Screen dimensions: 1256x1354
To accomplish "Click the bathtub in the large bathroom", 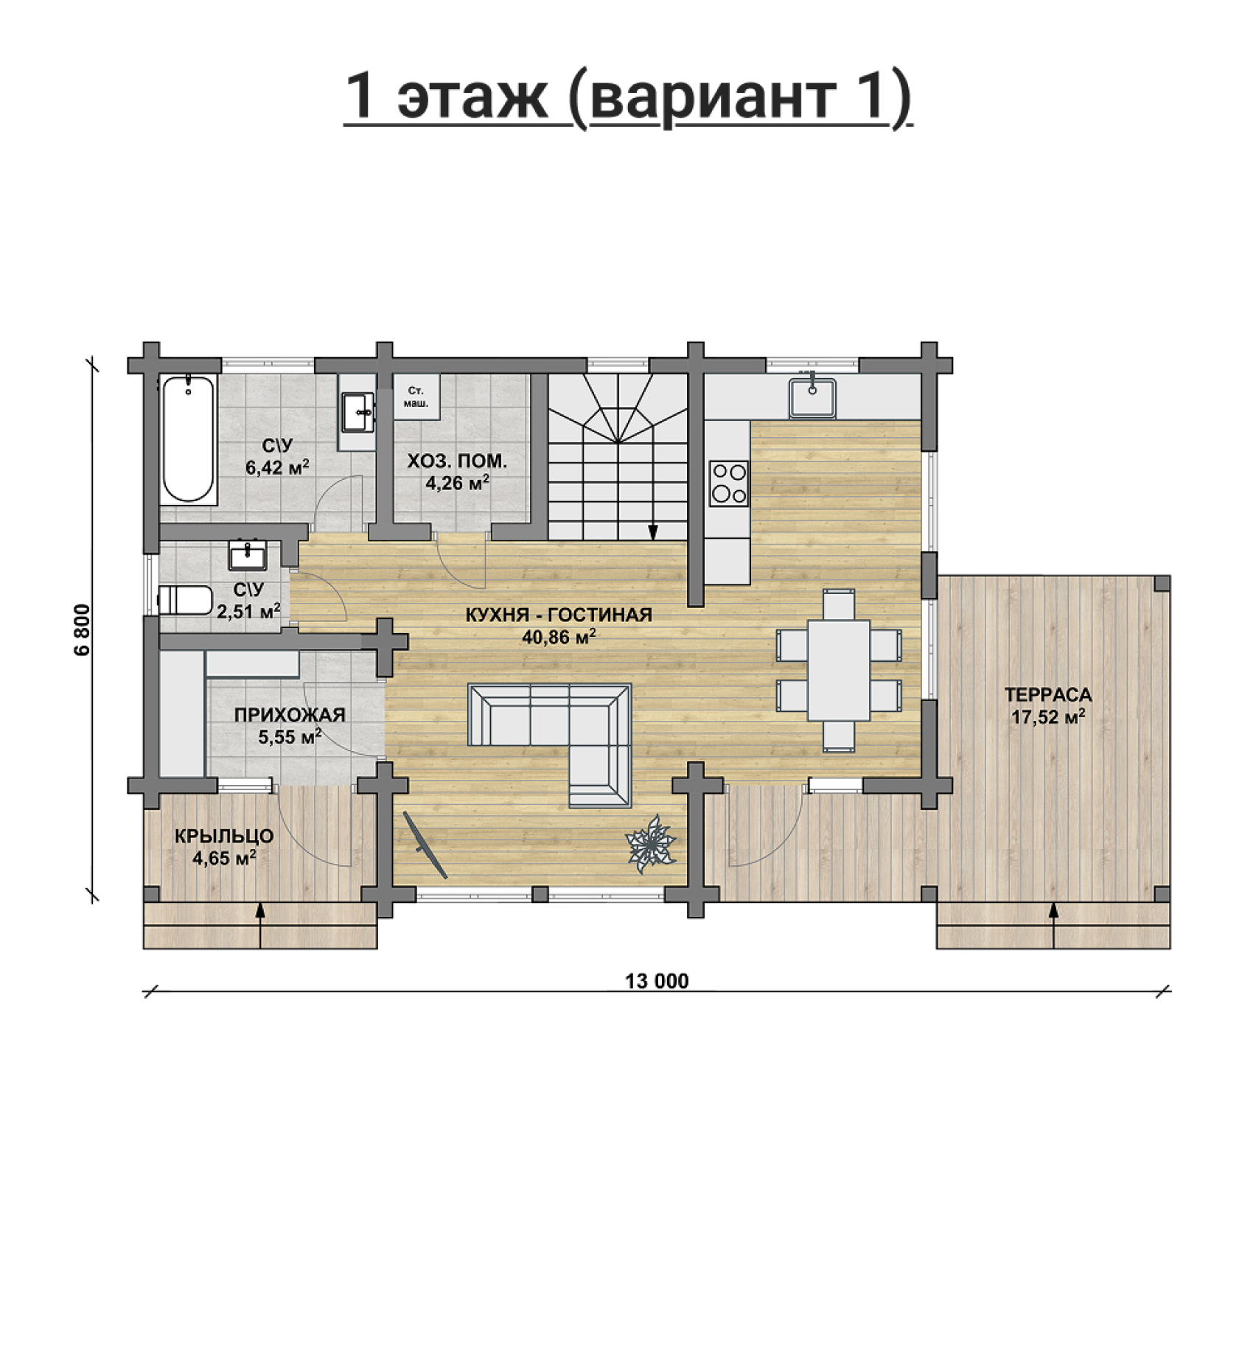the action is [x=188, y=439].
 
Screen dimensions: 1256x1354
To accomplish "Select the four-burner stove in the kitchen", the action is [x=729, y=484].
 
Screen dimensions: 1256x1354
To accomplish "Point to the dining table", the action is [x=839, y=670].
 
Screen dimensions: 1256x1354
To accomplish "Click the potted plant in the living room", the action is [x=650, y=843].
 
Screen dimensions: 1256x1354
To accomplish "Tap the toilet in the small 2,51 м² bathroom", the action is [x=185, y=600].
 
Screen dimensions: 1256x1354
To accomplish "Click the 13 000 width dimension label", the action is [x=657, y=981].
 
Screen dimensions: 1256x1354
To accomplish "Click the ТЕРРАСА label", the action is [x=1048, y=694].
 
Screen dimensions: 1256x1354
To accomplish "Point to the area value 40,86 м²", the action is [x=558, y=637].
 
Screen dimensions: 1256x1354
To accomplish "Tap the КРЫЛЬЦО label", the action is [x=224, y=837].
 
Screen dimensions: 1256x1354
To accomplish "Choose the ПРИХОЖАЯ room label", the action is [x=290, y=715].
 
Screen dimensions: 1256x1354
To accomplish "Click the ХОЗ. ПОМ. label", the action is [x=458, y=462].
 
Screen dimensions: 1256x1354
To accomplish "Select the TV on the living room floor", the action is [x=425, y=845].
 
